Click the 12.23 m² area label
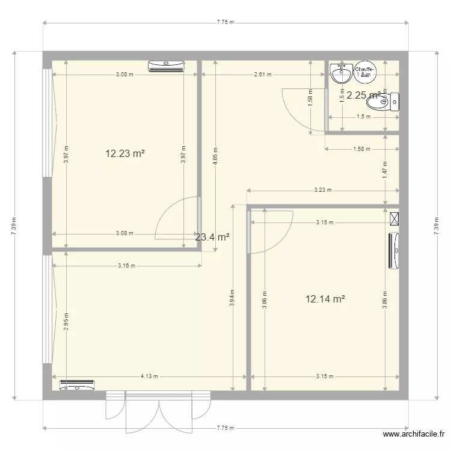pos(125,153)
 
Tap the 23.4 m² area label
pos(212,238)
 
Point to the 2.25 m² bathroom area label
pos(363,94)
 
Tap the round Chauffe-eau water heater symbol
pos(365,72)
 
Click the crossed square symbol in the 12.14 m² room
pos(394,218)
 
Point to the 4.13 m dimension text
pos(149,376)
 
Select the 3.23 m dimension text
pos(322,191)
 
